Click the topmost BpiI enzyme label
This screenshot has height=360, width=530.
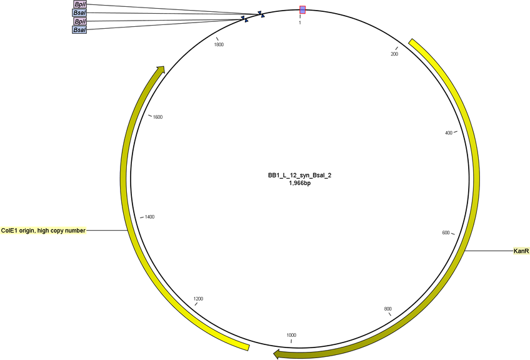coord(80,4)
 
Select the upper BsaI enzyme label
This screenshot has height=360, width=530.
coord(79,13)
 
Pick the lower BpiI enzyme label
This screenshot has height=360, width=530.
coord(80,21)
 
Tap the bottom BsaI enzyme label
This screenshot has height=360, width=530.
coord(79,30)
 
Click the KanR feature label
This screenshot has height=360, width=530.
coord(521,251)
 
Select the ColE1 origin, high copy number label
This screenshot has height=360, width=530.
coord(43,231)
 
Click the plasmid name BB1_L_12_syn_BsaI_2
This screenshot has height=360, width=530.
coord(299,176)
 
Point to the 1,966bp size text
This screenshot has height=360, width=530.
coord(299,183)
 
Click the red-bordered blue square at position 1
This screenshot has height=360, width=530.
coord(302,10)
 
